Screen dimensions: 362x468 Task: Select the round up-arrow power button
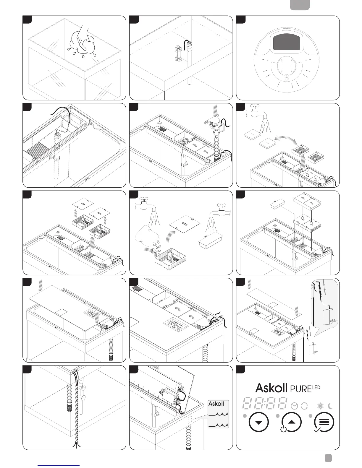tap(292, 422)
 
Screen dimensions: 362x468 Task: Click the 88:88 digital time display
tap(265, 403)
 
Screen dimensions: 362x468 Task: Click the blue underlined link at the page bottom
tap(59, 465)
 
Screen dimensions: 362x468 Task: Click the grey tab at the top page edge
tap(300, 5)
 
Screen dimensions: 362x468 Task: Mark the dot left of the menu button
tap(311, 416)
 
